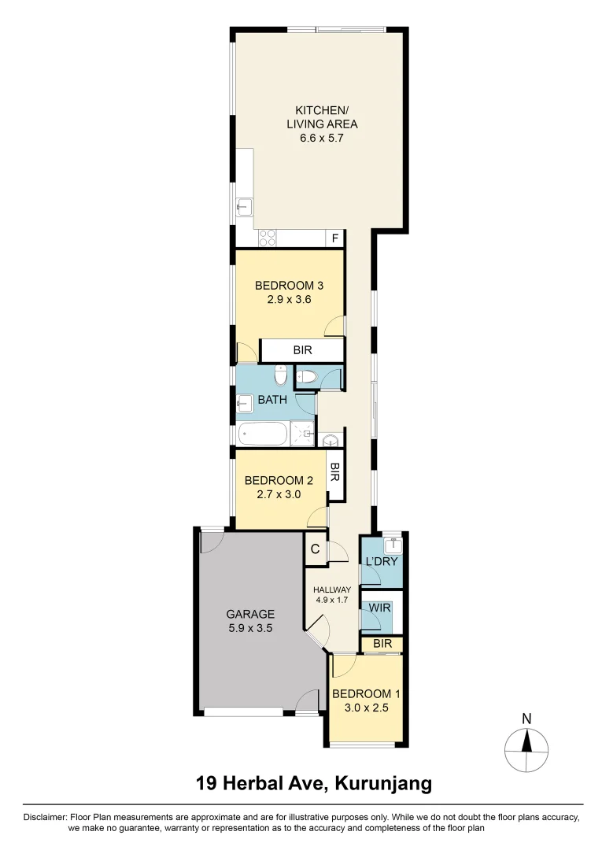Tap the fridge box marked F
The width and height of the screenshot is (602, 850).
[x=334, y=238]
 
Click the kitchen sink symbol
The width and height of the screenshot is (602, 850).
[x=244, y=208]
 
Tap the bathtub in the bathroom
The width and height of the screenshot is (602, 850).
[x=264, y=434]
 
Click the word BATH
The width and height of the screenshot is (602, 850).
[x=272, y=400]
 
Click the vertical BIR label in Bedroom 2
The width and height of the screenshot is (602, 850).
[x=334, y=473]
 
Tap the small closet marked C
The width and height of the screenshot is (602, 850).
[x=315, y=549]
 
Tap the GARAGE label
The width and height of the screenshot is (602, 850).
[x=250, y=614]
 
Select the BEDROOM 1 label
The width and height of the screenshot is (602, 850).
[x=367, y=693]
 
